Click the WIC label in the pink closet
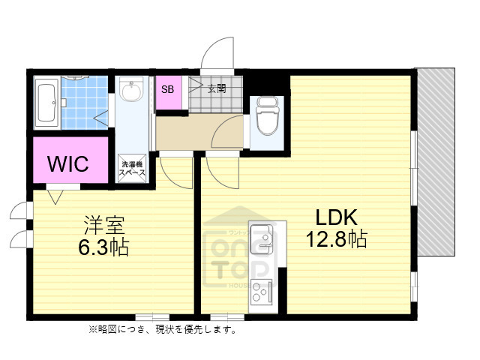click(x=69, y=163)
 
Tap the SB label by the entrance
click(x=167, y=89)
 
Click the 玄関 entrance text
click(x=216, y=89)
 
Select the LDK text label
click(x=338, y=217)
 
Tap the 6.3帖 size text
click(x=103, y=247)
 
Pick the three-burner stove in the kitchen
click(x=264, y=289)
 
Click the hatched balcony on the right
click(x=436, y=161)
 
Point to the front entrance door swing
click(x=216, y=52)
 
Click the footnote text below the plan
click(x=162, y=330)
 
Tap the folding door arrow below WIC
click(x=54, y=196)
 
